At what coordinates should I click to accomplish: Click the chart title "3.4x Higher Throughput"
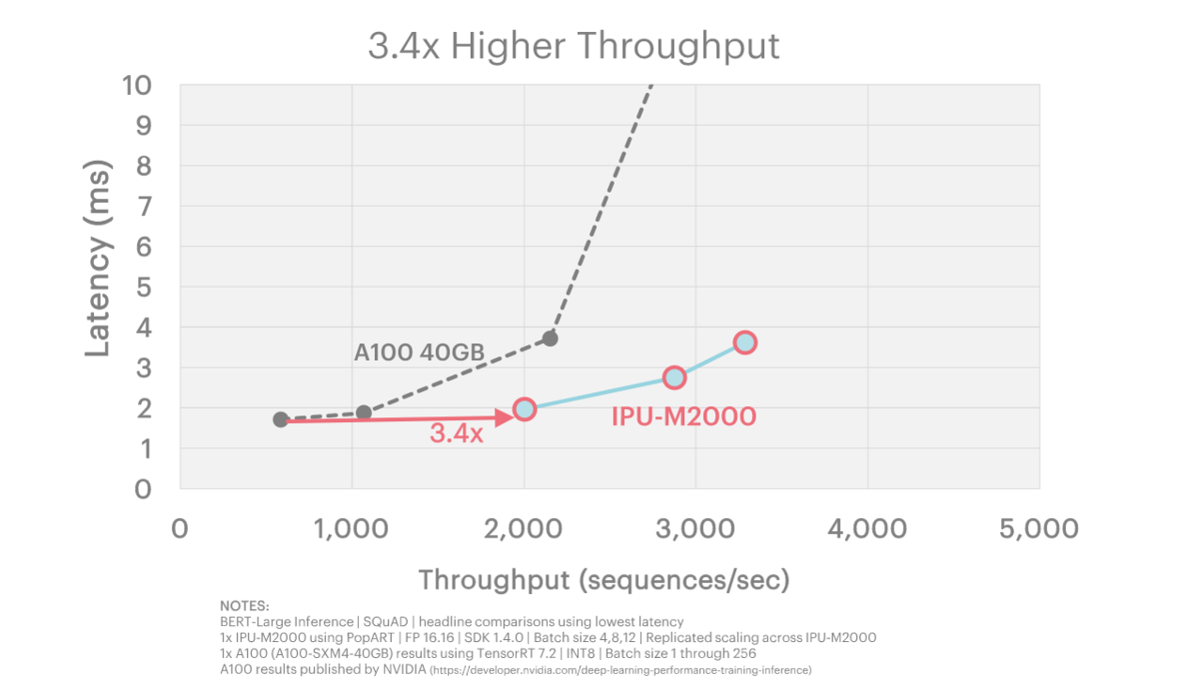click(x=573, y=45)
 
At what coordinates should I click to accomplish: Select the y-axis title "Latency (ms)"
click(x=98, y=258)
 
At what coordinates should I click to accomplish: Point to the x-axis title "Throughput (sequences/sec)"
click(x=603, y=579)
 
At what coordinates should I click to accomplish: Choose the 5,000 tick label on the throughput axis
click(x=1038, y=528)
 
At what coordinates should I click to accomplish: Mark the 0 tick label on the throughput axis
click(x=180, y=528)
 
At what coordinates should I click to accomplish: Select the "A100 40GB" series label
click(x=419, y=352)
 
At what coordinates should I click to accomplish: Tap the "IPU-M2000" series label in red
click(x=683, y=415)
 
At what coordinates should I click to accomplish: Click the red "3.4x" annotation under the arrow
click(x=457, y=434)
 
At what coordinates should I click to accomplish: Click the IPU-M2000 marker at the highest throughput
click(x=744, y=342)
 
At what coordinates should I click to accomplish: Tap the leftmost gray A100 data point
click(x=281, y=419)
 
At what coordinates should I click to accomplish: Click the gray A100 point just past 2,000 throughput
click(x=550, y=338)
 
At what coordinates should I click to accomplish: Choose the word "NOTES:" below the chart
click(x=244, y=605)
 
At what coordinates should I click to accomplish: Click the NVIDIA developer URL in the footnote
click(x=620, y=670)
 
